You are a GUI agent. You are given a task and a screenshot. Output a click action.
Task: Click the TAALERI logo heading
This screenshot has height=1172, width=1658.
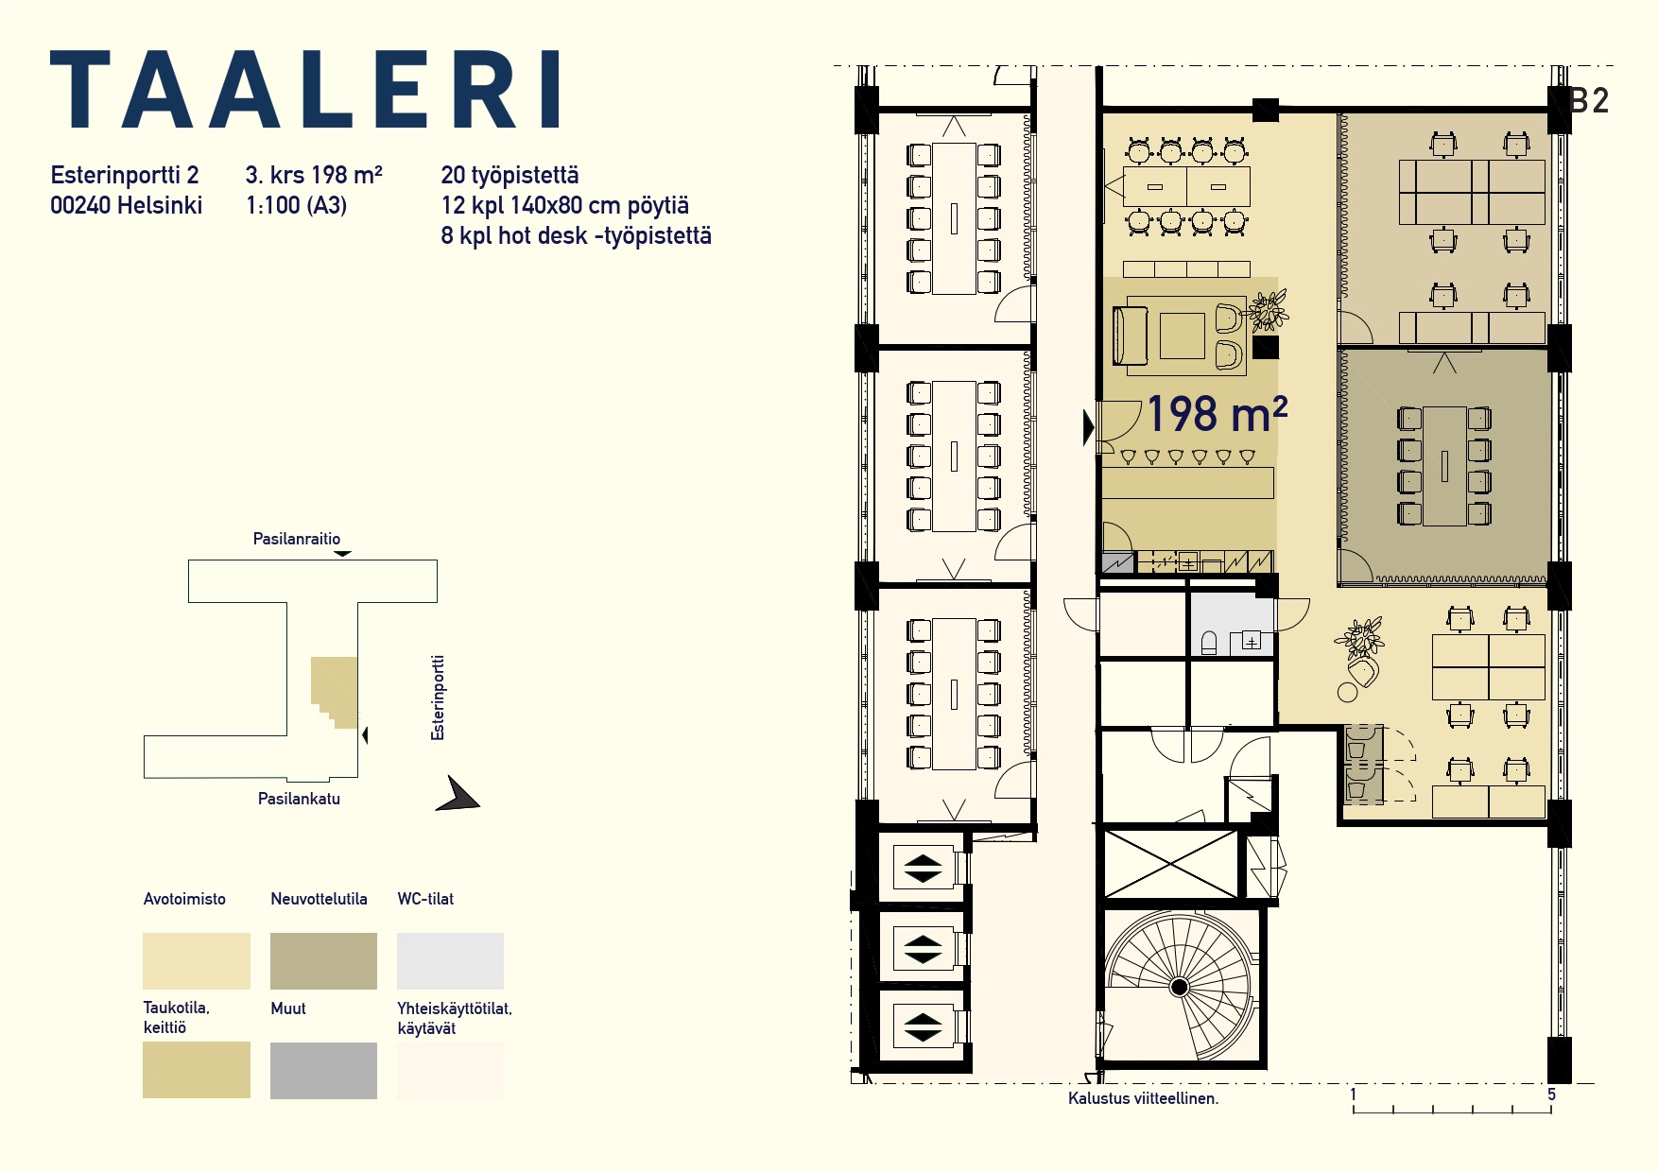(305, 89)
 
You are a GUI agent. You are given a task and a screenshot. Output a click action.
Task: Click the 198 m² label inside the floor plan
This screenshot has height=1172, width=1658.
(1216, 414)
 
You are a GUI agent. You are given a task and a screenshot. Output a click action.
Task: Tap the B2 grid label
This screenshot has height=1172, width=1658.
(1589, 101)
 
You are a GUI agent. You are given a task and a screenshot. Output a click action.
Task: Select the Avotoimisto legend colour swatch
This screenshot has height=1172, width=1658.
(197, 961)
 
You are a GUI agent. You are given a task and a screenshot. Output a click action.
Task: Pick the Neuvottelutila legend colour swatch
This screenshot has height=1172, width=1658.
(323, 961)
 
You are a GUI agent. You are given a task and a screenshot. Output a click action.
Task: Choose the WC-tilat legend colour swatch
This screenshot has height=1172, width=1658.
(450, 961)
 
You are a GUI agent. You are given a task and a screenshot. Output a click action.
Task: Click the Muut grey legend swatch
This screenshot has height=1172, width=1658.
(323, 1071)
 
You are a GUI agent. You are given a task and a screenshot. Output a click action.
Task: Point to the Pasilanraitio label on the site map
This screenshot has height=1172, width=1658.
(297, 539)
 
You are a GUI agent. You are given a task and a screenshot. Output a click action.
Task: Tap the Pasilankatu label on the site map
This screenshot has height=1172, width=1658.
(299, 799)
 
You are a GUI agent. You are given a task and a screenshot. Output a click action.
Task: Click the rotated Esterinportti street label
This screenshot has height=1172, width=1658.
(438, 698)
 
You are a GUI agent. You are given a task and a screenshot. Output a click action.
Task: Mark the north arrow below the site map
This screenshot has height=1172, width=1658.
(458, 794)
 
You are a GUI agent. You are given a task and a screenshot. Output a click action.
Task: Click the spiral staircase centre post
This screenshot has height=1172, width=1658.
(1179, 988)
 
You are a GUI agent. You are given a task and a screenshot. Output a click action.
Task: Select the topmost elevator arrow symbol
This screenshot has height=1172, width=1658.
(923, 869)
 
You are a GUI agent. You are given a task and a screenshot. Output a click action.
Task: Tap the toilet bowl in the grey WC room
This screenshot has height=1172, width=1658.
(1208, 644)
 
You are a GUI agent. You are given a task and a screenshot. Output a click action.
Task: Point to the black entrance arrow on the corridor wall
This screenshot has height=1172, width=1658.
(1089, 428)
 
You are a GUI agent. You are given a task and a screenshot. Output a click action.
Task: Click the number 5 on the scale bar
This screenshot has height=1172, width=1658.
(1551, 1094)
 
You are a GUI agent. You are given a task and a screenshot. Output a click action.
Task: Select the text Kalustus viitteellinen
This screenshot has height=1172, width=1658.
(1143, 1098)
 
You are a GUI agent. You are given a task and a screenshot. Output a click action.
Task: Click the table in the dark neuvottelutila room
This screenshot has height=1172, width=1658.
(1444, 466)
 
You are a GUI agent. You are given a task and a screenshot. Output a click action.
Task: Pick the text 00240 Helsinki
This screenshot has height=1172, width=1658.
(126, 205)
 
